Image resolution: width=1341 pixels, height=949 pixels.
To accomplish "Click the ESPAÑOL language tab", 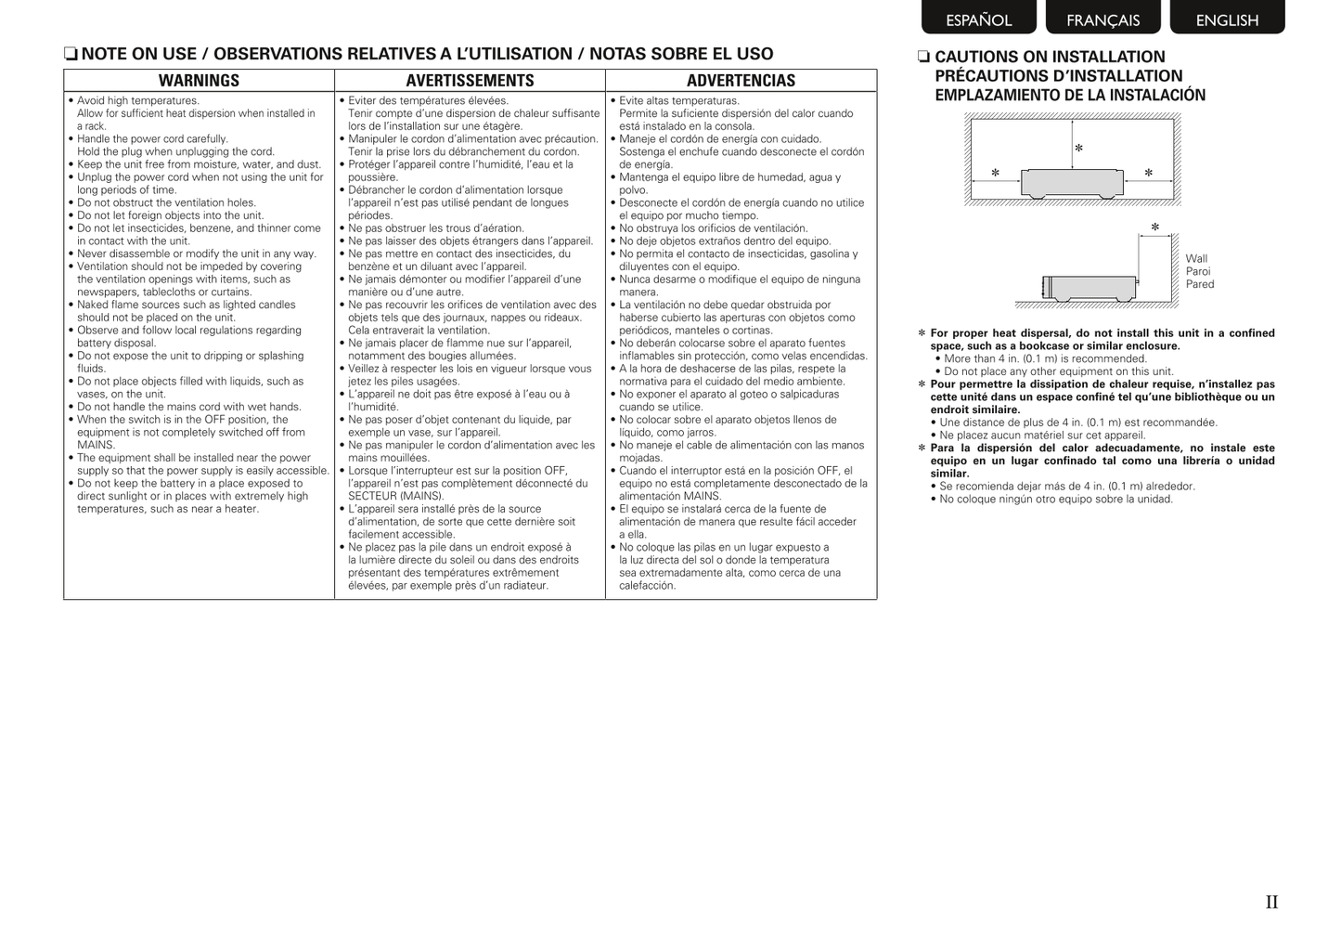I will pos(978,19).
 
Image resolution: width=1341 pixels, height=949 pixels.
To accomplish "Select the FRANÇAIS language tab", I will pos(1102,19).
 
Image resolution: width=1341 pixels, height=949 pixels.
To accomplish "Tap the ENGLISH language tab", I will pos(1227,19).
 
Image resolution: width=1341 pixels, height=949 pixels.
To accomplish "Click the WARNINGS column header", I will pos(199,81).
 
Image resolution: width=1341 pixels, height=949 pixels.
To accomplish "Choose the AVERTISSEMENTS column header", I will pos(470,81).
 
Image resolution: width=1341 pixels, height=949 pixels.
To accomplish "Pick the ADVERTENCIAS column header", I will pos(741,81).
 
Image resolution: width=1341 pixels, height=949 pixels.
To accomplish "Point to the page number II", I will pos(1271,902).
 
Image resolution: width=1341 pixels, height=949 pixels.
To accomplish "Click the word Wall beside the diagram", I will pos(1196,259).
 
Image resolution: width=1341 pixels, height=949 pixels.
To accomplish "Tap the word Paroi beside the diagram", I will pos(1198,272).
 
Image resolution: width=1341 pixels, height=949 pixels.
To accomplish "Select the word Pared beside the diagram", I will pos(1200,285).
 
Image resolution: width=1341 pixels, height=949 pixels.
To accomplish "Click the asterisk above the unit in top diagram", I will pos(1078,149).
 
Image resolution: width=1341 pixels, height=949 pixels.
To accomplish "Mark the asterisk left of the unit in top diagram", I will pos(995,173).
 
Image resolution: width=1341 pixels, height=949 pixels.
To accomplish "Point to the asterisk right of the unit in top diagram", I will pos(1148,173).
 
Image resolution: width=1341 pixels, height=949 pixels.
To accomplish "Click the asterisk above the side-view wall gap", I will pos(1154,227).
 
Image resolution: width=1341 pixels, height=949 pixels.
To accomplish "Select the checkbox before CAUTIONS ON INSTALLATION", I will pos(923,57).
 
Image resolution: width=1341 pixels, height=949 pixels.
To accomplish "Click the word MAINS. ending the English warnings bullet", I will pos(97,445).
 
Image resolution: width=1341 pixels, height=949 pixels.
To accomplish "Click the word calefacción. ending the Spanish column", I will pos(648,586).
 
